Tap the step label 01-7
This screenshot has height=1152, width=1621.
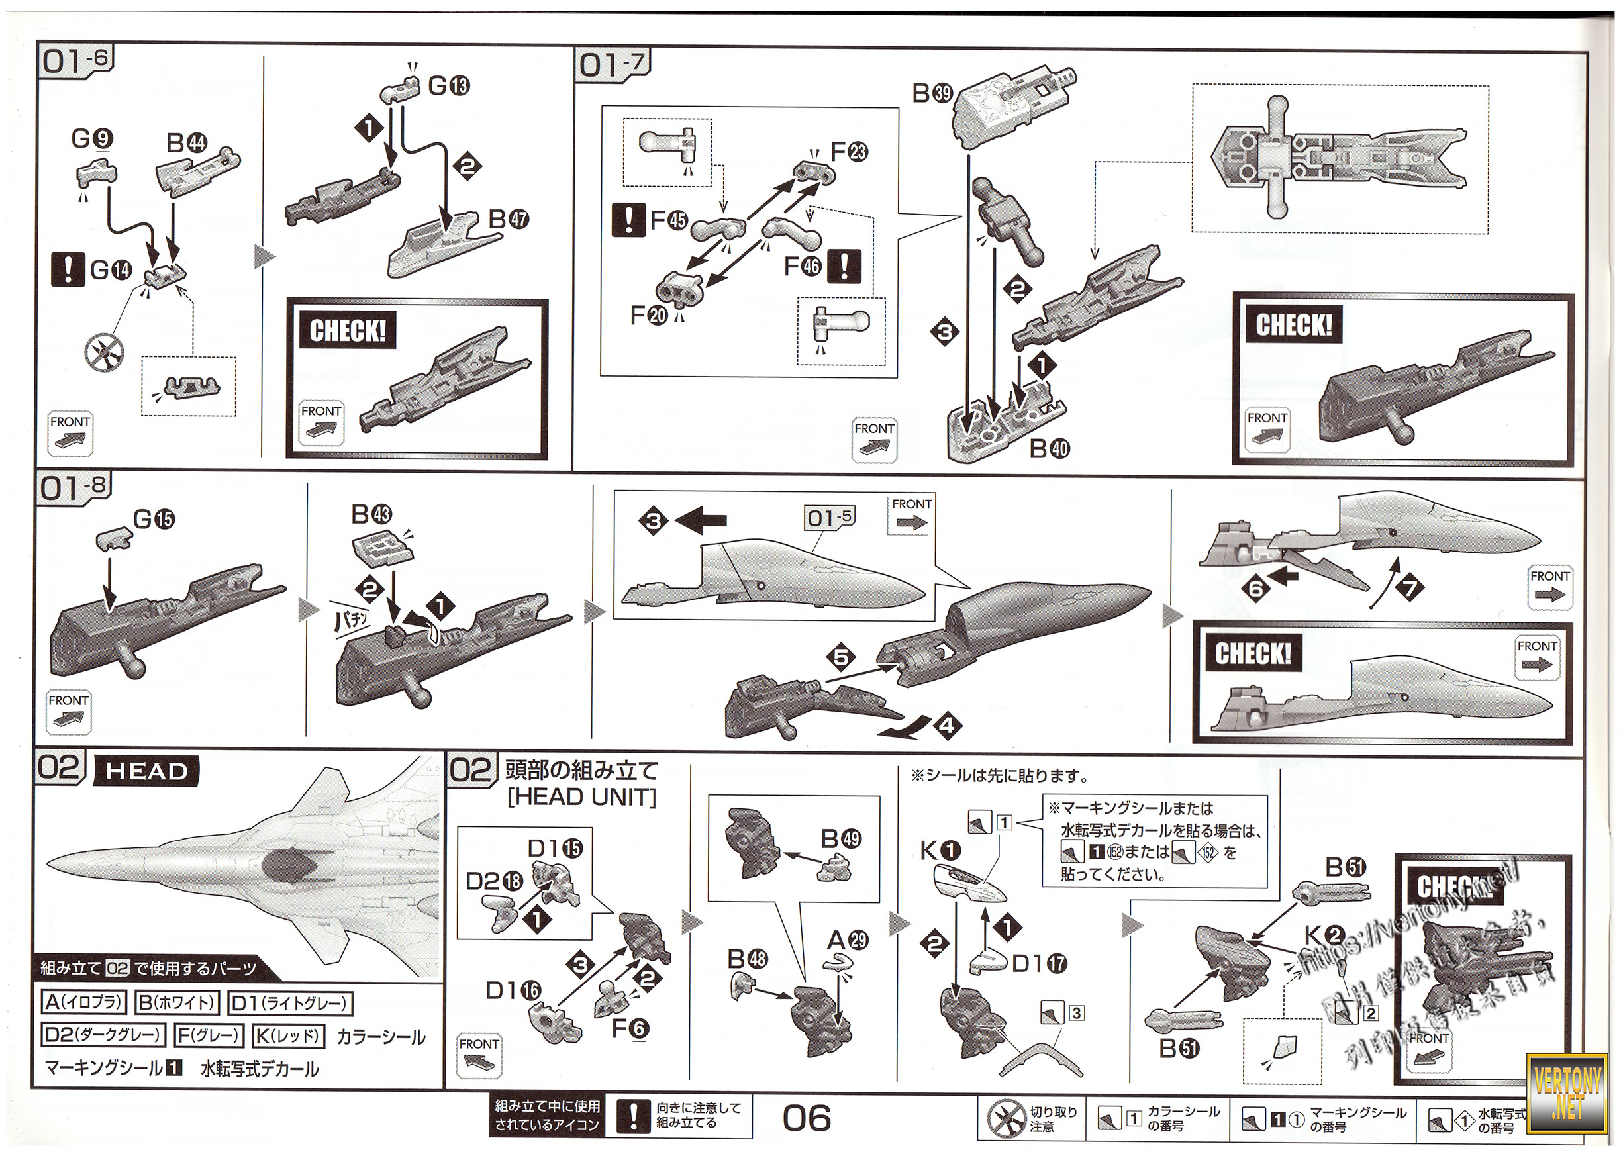coord(611,65)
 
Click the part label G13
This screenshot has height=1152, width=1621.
coord(448,86)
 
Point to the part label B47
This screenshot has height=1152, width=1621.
coord(509,218)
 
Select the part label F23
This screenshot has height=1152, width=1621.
coord(849,151)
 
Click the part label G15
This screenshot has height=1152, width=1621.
coord(154,519)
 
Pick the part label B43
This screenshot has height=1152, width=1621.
coord(371,514)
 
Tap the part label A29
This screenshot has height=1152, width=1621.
coord(848,941)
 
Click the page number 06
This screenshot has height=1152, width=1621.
coord(807,1119)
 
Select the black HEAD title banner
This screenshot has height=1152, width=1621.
coord(146,771)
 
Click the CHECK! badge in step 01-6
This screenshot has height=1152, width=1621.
coord(348,330)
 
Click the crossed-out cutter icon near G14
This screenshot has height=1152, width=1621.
coord(103,352)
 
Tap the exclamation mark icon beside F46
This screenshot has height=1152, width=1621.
coord(844,266)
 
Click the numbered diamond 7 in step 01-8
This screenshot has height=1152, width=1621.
coord(1410,587)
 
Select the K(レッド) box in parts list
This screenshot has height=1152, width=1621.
coord(289,1036)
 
